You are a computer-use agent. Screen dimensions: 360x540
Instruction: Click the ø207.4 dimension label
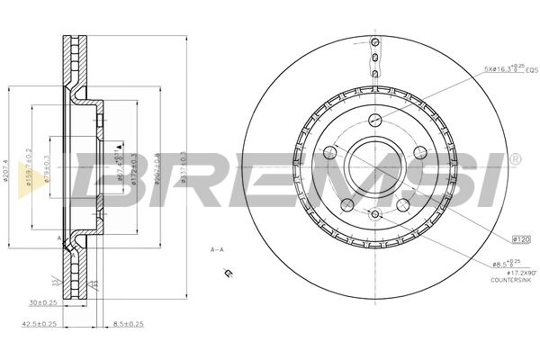7,176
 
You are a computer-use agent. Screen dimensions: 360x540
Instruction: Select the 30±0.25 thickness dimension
44,301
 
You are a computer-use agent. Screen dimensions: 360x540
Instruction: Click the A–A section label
217,248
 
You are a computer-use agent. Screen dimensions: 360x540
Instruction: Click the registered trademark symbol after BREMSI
515,159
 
